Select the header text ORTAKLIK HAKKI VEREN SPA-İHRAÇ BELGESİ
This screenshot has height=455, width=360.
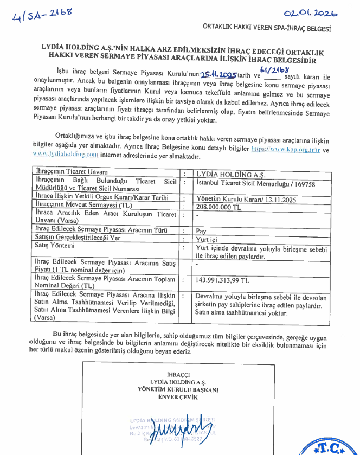pos(266,28)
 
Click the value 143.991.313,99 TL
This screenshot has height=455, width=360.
pos(222,281)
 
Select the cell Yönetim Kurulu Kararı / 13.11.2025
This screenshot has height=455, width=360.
pos(239,198)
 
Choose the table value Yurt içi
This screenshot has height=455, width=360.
pos(207,238)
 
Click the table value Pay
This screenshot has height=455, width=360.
pos(201,230)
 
